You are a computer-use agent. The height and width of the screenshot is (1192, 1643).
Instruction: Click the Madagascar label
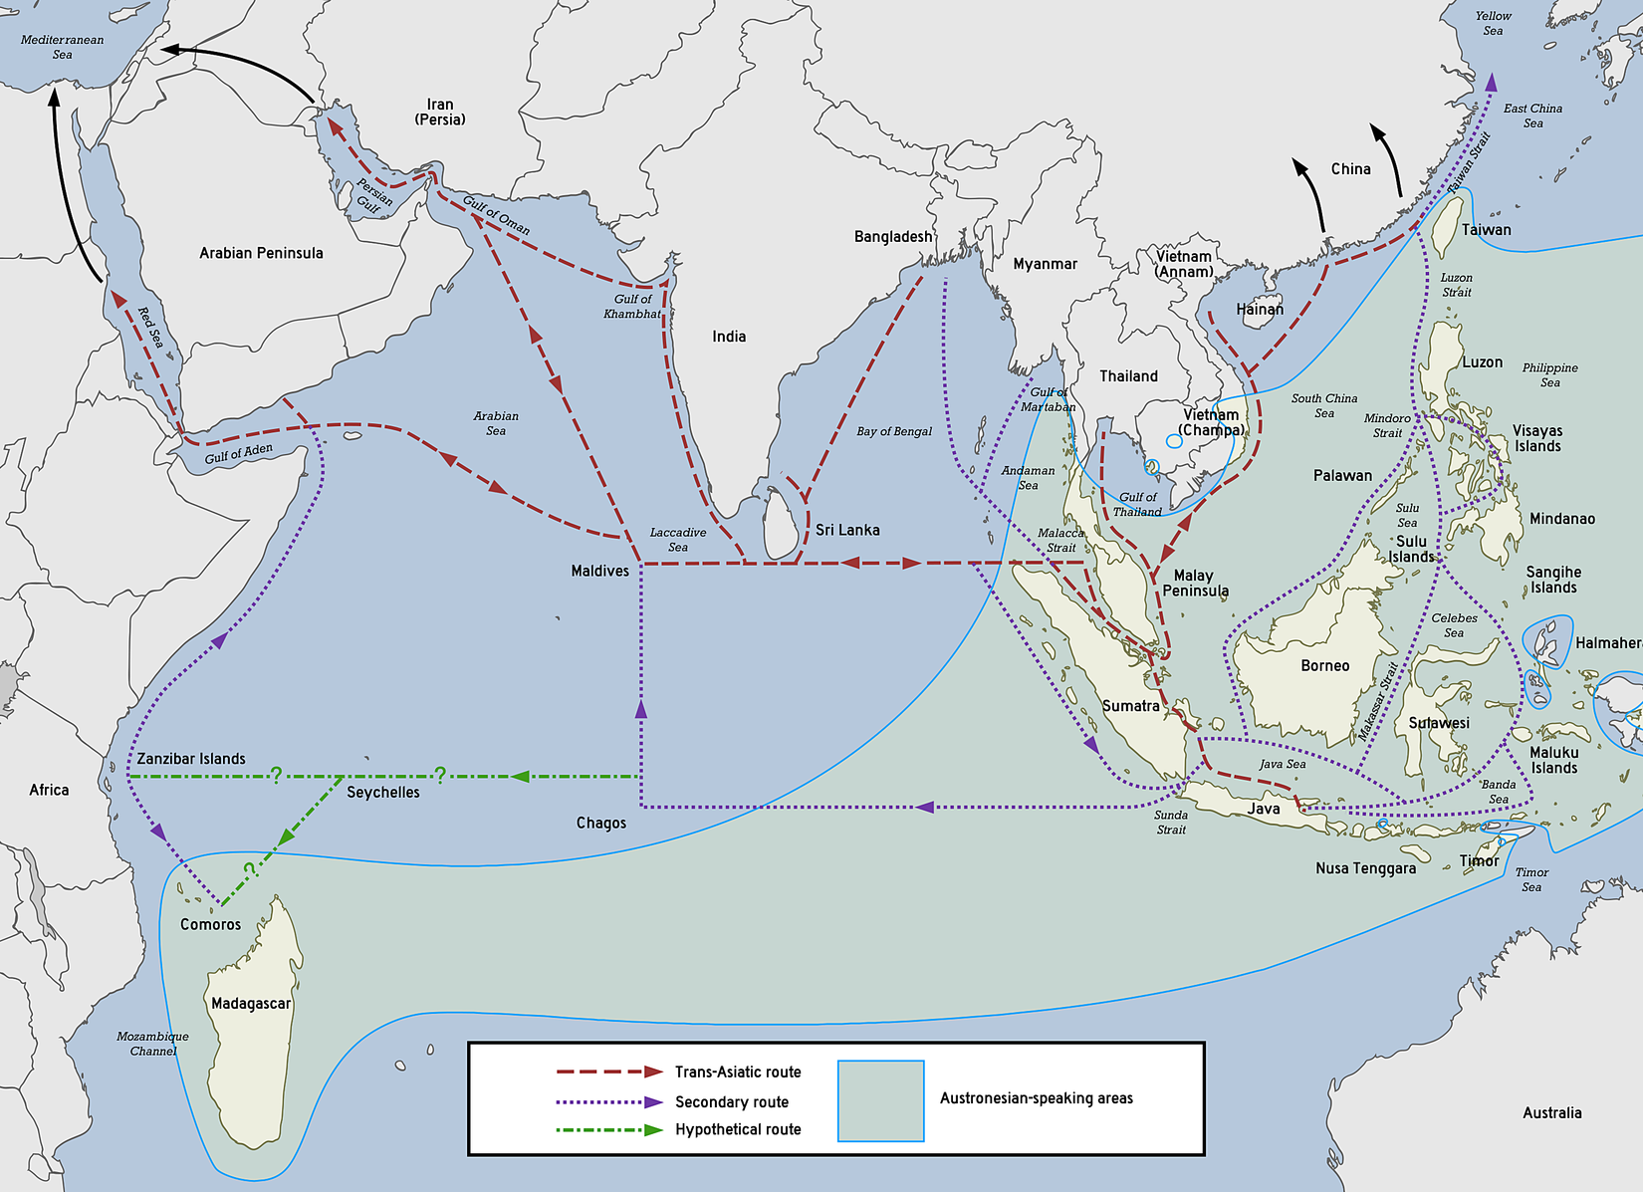click(251, 1003)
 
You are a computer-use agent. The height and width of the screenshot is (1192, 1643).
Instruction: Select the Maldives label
click(599, 571)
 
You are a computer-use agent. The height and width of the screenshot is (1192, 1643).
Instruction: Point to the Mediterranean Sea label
click(62, 47)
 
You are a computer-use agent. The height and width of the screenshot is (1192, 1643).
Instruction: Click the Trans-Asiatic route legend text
click(738, 1072)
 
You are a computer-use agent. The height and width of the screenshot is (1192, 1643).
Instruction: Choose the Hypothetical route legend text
click(738, 1129)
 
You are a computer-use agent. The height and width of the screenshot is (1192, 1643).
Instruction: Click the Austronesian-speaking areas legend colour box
click(880, 1100)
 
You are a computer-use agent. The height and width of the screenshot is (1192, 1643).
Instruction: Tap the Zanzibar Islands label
click(191, 759)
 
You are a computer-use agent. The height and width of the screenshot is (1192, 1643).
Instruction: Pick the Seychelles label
click(383, 793)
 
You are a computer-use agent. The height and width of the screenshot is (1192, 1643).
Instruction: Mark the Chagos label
click(601, 823)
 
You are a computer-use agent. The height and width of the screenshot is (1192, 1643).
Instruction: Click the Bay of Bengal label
click(894, 431)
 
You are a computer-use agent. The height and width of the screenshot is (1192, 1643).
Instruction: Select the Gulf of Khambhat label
click(632, 306)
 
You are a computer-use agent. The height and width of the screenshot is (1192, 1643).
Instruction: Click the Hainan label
click(1260, 310)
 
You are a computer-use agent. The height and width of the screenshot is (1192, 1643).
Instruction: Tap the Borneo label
click(1325, 665)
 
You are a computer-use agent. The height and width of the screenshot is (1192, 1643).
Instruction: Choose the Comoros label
click(210, 924)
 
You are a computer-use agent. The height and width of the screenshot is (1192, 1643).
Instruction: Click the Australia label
click(1551, 1112)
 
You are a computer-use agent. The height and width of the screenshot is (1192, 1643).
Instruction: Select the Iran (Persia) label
click(440, 112)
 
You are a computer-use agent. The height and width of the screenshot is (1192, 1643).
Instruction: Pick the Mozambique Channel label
click(152, 1044)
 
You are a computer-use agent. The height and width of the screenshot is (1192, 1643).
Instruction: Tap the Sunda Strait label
click(1171, 822)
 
